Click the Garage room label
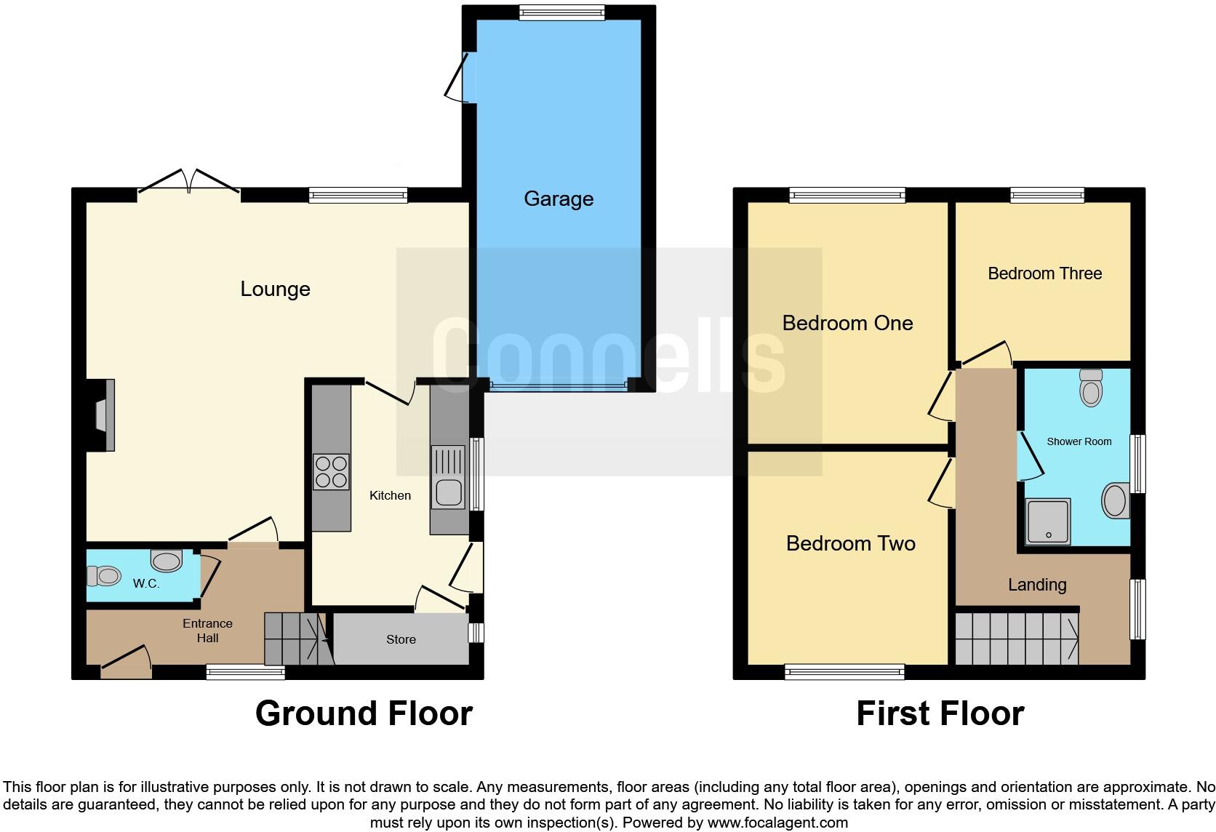559,199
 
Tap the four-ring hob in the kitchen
331,471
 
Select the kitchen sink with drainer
449,477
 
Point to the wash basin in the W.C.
167,561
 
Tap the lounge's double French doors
189,182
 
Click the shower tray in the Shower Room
1048,521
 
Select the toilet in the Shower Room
1091,388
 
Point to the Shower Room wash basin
1116,500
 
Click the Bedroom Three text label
1044,273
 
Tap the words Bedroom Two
850,543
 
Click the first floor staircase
1016,639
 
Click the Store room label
401,639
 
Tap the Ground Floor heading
364,713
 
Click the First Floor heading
940,713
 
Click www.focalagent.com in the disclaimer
777,823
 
